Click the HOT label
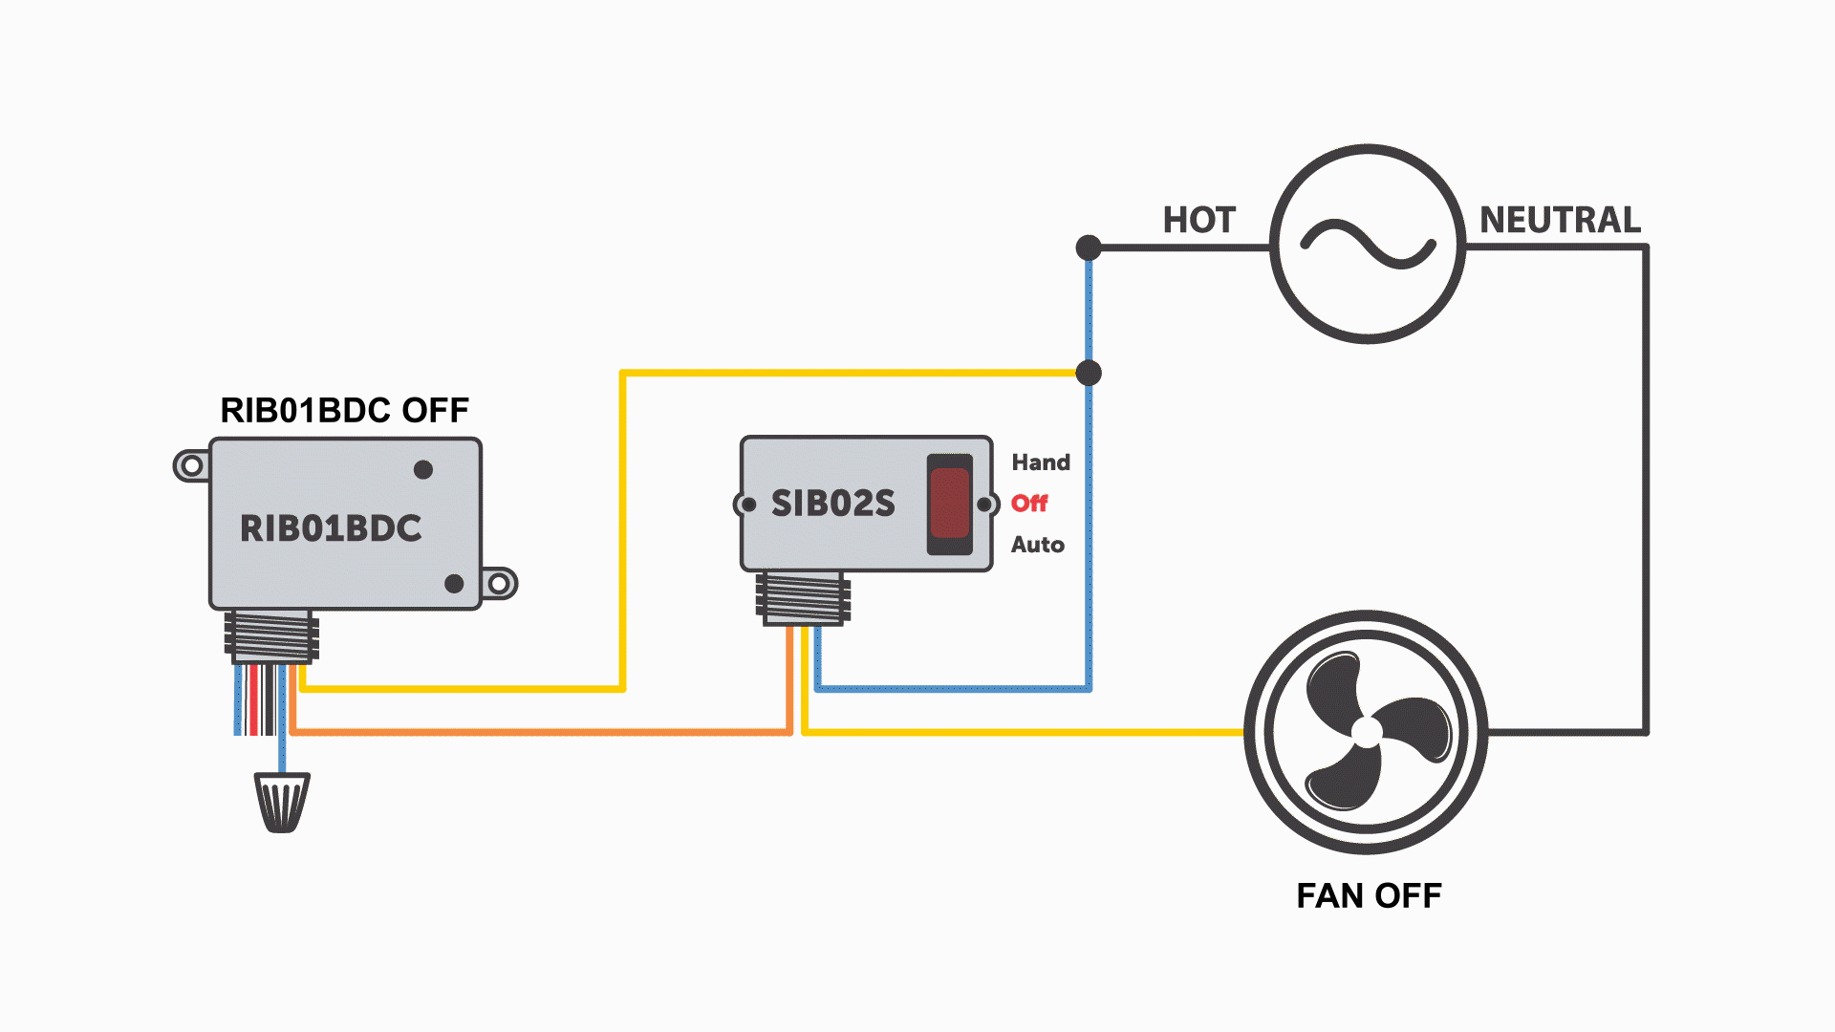click(1198, 221)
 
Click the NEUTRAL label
click(1560, 220)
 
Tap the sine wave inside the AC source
click(1368, 244)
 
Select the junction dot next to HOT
click(1089, 248)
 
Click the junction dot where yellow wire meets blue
click(1089, 373)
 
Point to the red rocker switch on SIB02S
click(949, 504)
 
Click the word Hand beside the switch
click(1041, 462)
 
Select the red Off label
click(1029, 504)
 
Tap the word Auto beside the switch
click(1038, 545)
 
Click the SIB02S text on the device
click(832, 504)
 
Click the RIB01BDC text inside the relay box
click(331, 528)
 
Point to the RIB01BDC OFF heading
click(344, 410)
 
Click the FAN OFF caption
click(1369, 895)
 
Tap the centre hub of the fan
click(1367, 732)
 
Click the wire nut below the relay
click(282, 802)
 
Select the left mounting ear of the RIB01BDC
click(191, 465)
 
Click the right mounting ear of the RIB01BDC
click(499, 583)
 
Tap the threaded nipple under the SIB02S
click(803, 598)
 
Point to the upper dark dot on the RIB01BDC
click(423, 469)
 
